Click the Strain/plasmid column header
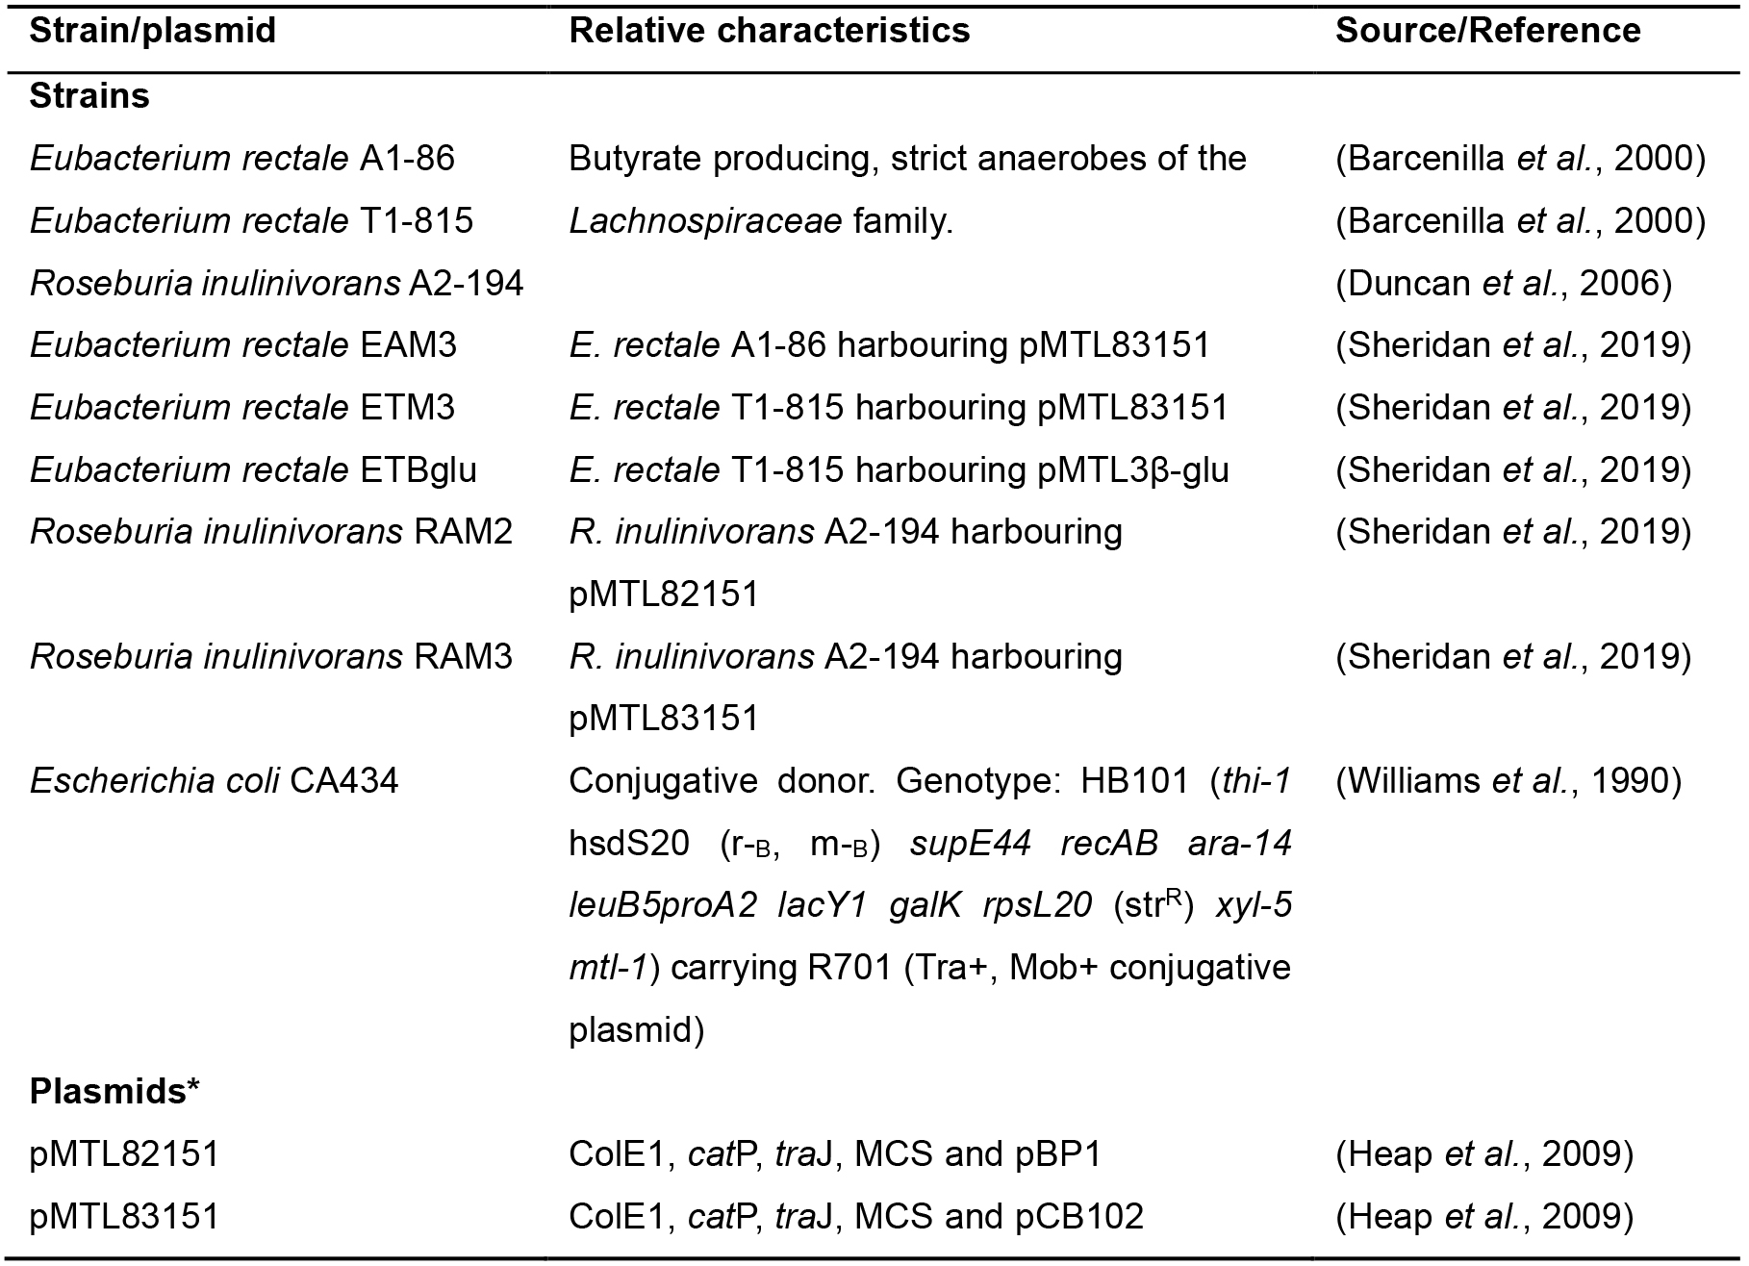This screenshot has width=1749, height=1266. [153, 31]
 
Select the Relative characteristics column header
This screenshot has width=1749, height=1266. [770, 31]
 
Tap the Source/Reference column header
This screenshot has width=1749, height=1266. [1488, 31]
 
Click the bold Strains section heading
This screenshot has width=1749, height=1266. [89, 96]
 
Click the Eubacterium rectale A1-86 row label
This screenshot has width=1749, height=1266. [242, 159]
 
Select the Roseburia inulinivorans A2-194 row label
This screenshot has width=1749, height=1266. [277, 283]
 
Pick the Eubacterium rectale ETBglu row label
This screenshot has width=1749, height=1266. [253, 470]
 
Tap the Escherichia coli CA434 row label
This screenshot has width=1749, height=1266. [214, 780]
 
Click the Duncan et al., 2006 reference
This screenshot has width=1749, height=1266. [1504, 284]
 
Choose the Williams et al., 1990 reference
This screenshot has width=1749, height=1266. [1508, 781]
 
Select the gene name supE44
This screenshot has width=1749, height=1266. [971, 844]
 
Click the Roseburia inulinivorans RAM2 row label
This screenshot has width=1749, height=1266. [271, 532]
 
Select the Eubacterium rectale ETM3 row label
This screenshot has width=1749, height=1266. [242, 408]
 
